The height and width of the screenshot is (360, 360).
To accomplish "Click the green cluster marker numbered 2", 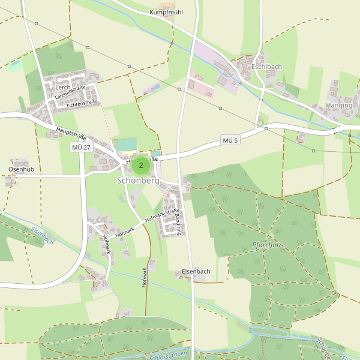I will coord(141,165).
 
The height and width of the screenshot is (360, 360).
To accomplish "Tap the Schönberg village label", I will coord(138,181).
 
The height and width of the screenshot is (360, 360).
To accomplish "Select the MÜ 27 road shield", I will coord(80,148).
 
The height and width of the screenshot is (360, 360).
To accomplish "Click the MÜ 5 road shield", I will coord(230,140).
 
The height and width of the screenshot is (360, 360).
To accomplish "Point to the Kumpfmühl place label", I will coord(166,12).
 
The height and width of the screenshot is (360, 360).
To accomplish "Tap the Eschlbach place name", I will coord(266,67).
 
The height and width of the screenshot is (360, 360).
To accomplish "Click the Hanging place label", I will coord(338,105).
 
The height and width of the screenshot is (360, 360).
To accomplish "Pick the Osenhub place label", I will coord(21,170).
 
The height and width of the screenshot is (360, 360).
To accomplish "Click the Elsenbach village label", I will coord(196,272).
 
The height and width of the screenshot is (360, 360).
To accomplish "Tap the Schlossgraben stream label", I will coord(166,355).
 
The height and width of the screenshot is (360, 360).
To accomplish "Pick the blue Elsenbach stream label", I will coord(43,238).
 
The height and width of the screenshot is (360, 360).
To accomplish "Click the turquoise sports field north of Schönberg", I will coord(127,145).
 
